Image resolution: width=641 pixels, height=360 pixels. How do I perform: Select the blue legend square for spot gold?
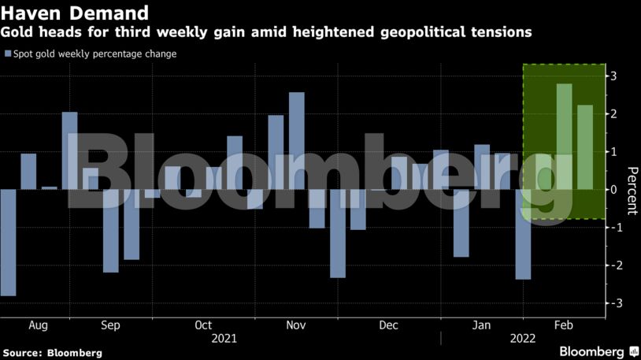pyautogui.click(x=8, y=54)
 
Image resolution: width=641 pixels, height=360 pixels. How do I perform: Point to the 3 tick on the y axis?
pyautogui.click(x=612, y=76)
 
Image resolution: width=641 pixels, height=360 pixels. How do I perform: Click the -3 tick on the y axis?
pyautogui.click(x=612, y=303)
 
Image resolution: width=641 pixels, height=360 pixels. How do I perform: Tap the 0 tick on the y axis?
pyautogui.click(x=612, y=190)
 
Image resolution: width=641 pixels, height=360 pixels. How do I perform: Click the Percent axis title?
pyautogui.click(x=630, y=191)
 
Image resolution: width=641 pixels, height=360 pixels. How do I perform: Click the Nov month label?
pyautogui.click(x=295, y=325)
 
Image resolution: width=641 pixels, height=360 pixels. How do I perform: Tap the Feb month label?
pyautogui.click(x=564, y=325)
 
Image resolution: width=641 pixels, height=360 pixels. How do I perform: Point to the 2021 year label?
pyautogui.click(x=224, y=338)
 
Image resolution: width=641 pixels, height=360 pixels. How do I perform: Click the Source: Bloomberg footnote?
pyautogui.click(x=52, y=353)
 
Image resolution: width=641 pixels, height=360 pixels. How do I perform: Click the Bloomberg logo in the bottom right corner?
pyautogui.click(x=592, y=351)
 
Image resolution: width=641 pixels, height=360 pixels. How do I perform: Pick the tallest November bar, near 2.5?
pyautogui.click(x=297, y=141)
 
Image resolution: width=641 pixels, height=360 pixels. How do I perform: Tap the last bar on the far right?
pyautogui.click(x=585, y=147)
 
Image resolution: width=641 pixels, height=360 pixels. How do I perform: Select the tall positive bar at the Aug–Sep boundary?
pyautogui.click(x=69, y=150)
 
